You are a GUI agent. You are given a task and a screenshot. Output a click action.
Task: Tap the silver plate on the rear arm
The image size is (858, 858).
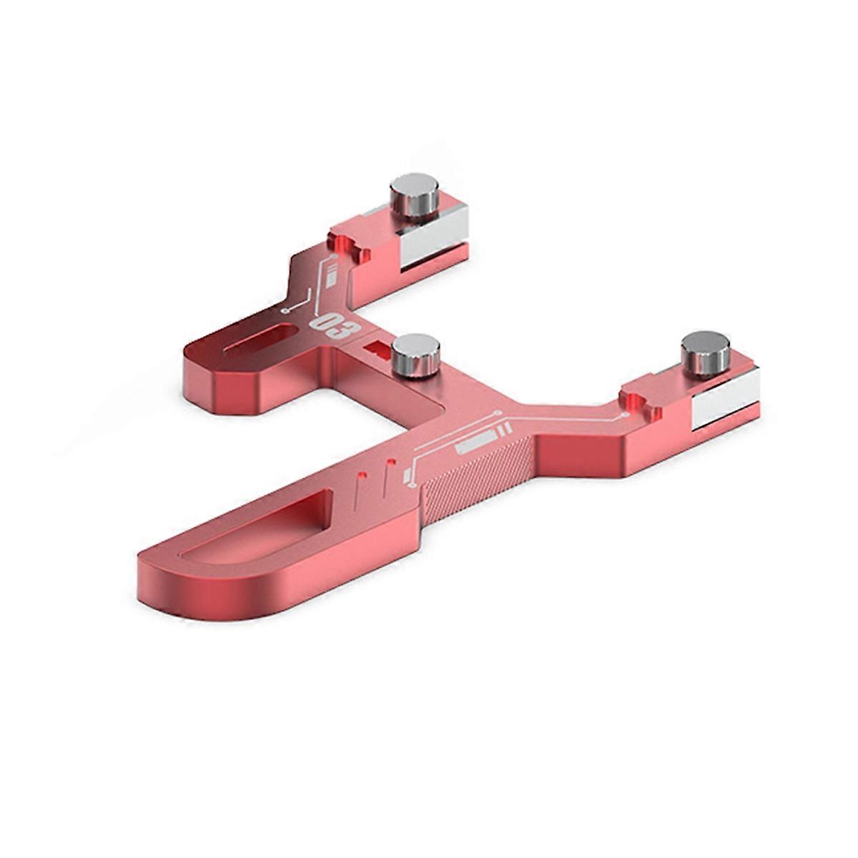click(x=431, y=236)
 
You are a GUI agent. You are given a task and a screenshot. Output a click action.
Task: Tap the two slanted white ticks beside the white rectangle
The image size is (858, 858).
click(x=503, y=429)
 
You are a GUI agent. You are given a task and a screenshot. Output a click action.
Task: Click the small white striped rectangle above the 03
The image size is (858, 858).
click(x=331, y=275)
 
